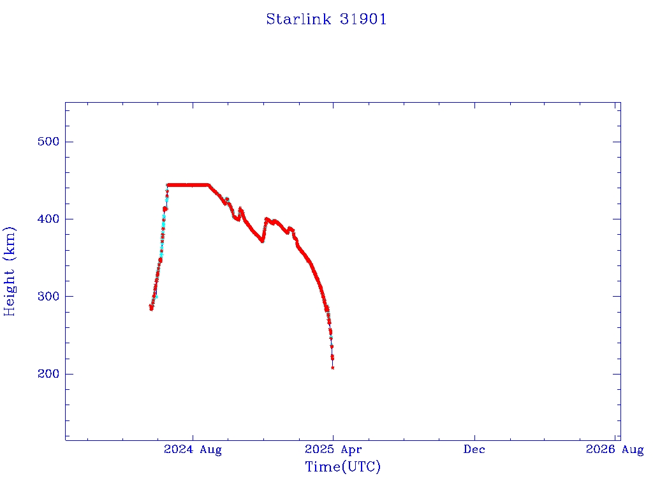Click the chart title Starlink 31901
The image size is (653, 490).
(326, 19)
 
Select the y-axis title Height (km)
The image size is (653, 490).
(10, 271)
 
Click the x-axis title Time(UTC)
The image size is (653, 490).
(342, 467)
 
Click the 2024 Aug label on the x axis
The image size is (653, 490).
(193, 450)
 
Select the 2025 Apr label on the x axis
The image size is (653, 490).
(332, 450)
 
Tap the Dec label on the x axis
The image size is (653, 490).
(474, 450)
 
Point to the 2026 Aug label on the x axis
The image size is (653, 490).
(615, 450)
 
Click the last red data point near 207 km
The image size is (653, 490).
(333, 367)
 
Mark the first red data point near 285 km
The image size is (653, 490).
(151, 308)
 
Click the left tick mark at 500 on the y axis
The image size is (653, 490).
(69, 142)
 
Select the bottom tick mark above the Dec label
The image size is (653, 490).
(474, 436)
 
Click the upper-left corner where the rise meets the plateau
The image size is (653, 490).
(168, 185)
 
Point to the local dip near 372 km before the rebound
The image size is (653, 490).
(262, 241)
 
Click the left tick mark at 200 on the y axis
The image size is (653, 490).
(69, 374)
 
